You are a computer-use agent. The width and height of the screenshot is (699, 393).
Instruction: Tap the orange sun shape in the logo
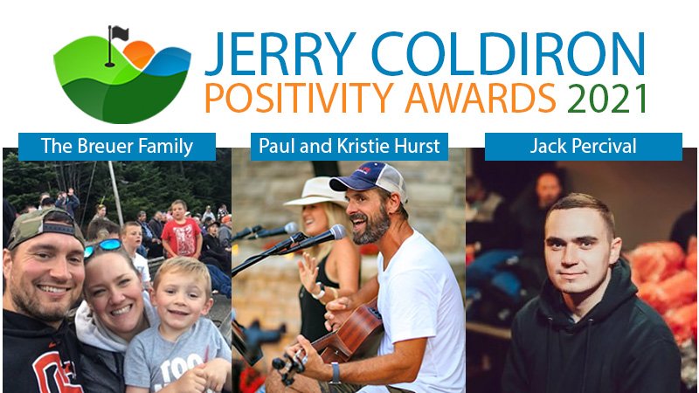(x=139, y=54)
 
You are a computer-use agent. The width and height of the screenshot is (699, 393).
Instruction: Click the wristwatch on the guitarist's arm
(x=335, y=374)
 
